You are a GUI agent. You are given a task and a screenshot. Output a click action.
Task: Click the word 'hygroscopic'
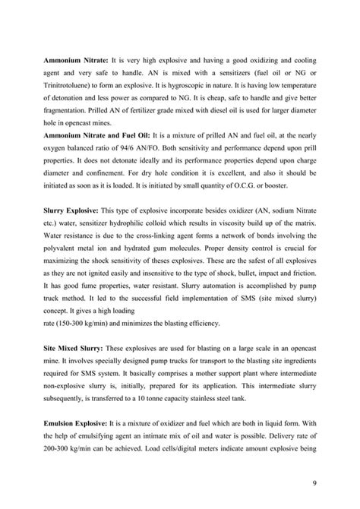(217, 86)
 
